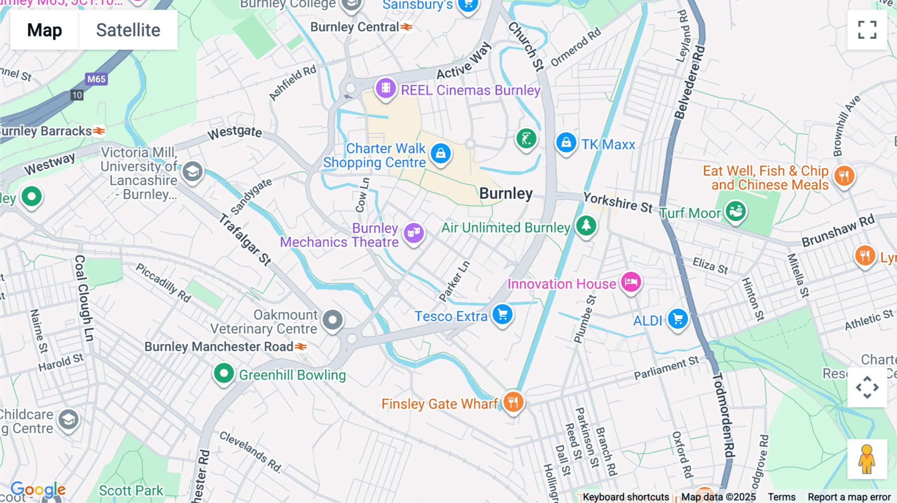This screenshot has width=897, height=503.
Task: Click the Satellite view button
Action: coord(128,30)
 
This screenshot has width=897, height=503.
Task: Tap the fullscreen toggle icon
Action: coord(867,30)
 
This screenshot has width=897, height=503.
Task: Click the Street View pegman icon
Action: coord(867,459)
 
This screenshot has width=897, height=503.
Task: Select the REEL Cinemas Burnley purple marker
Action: coord(386,89)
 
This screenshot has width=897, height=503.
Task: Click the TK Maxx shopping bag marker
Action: coord(566,143)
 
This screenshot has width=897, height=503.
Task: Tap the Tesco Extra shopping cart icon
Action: coord(502,314)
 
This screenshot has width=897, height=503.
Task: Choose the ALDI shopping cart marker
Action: coord(678,319)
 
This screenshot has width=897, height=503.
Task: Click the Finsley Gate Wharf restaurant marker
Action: coord(513,401)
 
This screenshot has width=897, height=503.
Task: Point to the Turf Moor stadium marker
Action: coord(736,211)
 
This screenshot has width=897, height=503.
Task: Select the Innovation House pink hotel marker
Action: coord(631,282)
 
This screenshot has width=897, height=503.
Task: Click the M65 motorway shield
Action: coord(96,79)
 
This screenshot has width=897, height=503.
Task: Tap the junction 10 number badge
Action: coord(77,95)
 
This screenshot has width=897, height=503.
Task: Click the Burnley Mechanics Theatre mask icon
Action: coord(414,232)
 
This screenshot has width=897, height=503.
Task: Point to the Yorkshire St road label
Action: coord(618,202)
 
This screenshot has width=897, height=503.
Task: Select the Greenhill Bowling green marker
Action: coord(224,373)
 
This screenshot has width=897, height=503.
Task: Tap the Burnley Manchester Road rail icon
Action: coord(300,346)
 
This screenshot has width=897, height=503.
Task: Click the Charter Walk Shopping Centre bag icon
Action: coord(441,153)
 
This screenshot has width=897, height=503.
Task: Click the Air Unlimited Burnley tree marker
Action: coord(586,225)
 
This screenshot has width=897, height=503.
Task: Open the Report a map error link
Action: coord(849,497)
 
